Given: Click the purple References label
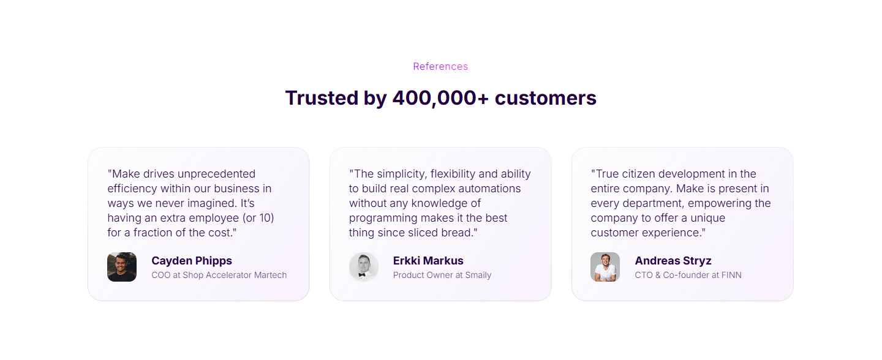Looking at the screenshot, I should click(440, 67).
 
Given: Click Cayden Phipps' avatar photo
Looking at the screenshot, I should click(122, 267).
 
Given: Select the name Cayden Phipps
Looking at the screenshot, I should click(192, 261).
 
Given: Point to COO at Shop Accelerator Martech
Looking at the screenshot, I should click(219, 276).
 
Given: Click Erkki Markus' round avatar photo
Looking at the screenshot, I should click(364, 267).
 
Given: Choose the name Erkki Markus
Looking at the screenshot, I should click(428, 261).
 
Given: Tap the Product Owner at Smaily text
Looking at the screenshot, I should click(442, 276).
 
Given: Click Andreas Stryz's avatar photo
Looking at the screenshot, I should click(605, 267).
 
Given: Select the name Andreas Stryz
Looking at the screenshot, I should click(673, 261).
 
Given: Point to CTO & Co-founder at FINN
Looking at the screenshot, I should click(688, 276).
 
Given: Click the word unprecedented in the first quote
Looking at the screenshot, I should click(216, 174).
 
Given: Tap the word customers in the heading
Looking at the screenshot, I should click(545, 98).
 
